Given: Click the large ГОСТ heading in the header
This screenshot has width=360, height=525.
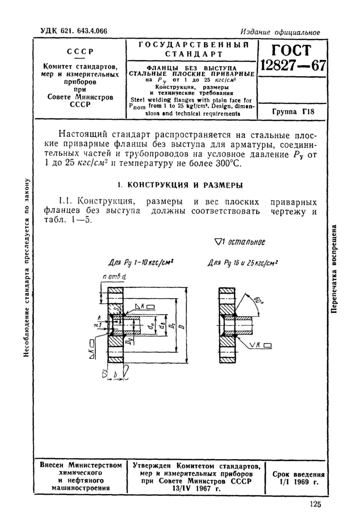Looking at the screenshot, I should pyautogui.click(x=293, y=51).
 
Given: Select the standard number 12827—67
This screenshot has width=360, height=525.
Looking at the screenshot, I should pyautogui.click(x=293, y=67).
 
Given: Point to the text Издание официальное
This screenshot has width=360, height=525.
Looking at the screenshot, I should pyautogui.click(x=280, y=32).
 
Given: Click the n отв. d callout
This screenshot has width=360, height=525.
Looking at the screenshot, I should pyautogui.click(x=114, y=279).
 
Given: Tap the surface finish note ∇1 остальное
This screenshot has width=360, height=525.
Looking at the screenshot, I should pyautogui.click(x=239, y=242).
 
